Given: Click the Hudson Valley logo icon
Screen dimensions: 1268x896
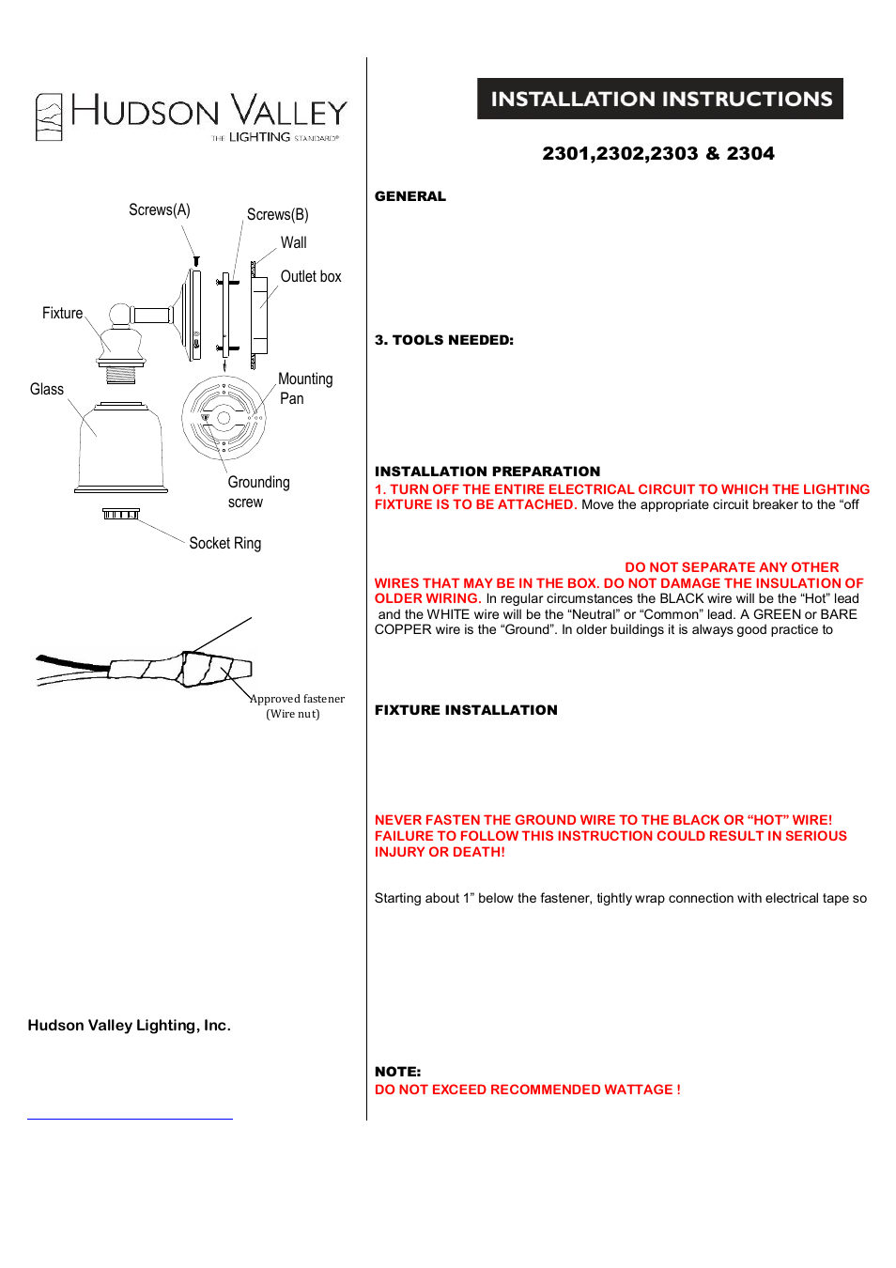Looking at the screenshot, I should tap(49, 117).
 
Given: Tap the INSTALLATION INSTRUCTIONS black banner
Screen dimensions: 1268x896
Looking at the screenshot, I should tap(659, 99).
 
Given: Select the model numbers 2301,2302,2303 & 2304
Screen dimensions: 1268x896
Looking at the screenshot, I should tap(657, 154).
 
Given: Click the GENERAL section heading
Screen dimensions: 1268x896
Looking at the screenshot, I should tap(409, 196).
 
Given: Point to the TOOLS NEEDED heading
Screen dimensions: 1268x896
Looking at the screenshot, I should tap(444, 340).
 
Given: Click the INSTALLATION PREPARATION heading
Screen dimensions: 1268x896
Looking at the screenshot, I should tap(487, 472).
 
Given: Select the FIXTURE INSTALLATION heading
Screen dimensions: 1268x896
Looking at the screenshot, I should tap(466, 710).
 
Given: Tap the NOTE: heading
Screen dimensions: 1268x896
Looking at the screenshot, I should tap(397, 1072).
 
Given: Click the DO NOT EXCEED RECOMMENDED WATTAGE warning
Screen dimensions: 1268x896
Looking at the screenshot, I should tap(527, 1090).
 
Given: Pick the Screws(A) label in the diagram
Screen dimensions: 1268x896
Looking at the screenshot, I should tap(159, 210).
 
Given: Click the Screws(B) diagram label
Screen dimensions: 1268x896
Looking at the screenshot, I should tap(277, 215).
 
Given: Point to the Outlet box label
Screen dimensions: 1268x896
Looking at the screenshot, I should tap(310, 277).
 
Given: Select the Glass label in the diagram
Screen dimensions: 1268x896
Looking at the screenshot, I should tap(46, 390).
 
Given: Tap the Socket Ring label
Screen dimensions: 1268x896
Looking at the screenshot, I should tap(224, 544).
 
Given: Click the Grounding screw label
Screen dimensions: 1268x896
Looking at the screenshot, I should tap(257, 492).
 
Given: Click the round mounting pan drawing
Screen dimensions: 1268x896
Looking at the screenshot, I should tap(224, 418).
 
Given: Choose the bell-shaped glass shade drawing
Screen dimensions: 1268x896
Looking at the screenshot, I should tap(121, 449).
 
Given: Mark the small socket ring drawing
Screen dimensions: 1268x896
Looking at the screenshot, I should tap(120, 514).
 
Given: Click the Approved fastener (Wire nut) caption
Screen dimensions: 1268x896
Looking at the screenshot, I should tap(296, 706).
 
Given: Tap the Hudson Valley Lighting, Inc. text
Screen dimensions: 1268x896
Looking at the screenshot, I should tap(129, 1026).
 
